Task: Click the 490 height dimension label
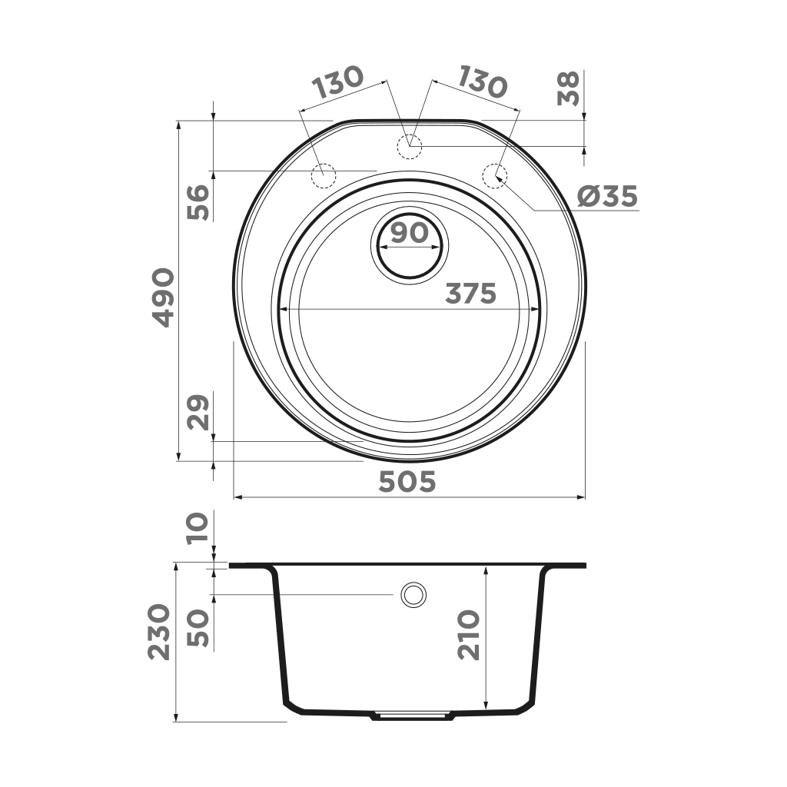[163, 297]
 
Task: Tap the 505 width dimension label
[407, 482]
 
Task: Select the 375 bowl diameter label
[471, 294]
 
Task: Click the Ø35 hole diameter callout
[607, 197]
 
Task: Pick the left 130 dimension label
[337, 81]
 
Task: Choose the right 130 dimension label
[482, 81]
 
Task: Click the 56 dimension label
[199, 202]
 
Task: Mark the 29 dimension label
[199, 413]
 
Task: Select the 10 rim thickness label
[199, 529]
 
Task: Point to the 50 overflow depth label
[199, 629]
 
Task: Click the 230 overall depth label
[159, 632]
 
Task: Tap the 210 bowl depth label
[468, 635]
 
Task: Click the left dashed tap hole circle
[323, 176]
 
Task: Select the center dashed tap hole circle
[408, 145]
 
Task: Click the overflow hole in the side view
[414, 594]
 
